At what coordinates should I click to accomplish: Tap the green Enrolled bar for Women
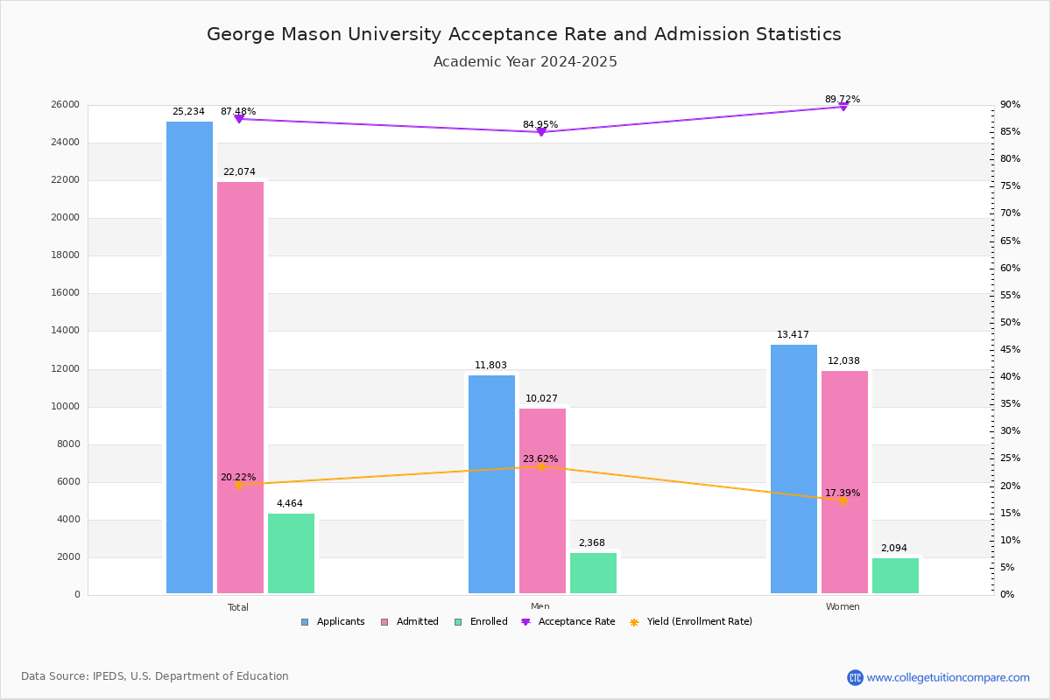click(x=895, y=576)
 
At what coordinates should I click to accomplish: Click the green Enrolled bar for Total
click(x=291, y=553)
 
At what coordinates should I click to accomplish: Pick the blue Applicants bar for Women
click(x=794, y=469)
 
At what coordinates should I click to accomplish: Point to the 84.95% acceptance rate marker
click(x=540, y=132)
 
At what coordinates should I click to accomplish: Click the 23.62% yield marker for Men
click(x=540, y=466)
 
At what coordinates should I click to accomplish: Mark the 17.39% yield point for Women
click(x=843, y=500)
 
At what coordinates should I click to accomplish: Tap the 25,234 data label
click(x=188, y=112)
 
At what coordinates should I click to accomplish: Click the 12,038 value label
click(x=844, y=361)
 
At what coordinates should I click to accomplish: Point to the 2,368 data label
click(x=591, y=543)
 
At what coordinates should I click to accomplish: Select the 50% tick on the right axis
click(x=1011, y=323)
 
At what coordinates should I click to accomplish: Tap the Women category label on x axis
click(x=843, y=607)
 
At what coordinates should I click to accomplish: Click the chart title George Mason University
click(x=524, y=35)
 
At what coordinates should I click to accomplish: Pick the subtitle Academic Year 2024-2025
click(x=525, y=62)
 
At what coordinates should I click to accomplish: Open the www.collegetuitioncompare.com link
click(x=947, y=677)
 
